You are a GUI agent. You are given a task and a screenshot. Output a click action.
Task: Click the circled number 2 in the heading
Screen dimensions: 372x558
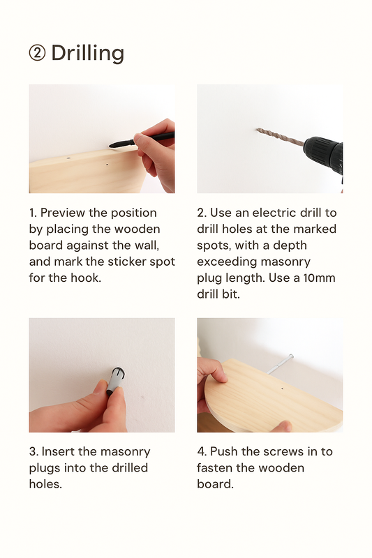[x=37, y=53]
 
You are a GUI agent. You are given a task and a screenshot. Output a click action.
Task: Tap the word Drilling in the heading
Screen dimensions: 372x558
[x=87, y=54]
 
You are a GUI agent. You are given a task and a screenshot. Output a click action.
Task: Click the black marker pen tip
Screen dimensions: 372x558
[x=110, y=145]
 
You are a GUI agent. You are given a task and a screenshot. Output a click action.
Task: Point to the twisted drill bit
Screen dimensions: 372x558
[x=279, y=136]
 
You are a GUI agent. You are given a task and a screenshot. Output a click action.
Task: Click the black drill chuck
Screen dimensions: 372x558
[x=323, y=152]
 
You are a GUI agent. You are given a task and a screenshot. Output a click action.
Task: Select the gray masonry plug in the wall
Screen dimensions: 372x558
[x=116, y=380]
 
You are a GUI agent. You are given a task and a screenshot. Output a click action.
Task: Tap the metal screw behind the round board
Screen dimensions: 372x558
[x=281, y=363]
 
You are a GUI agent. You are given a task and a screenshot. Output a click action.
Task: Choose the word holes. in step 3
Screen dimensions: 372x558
[x=45, y=484]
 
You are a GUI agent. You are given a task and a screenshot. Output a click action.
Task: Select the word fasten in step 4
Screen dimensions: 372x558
[x=214, y=467]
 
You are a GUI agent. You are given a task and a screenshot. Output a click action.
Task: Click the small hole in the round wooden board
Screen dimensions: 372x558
[x=282, y=389]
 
